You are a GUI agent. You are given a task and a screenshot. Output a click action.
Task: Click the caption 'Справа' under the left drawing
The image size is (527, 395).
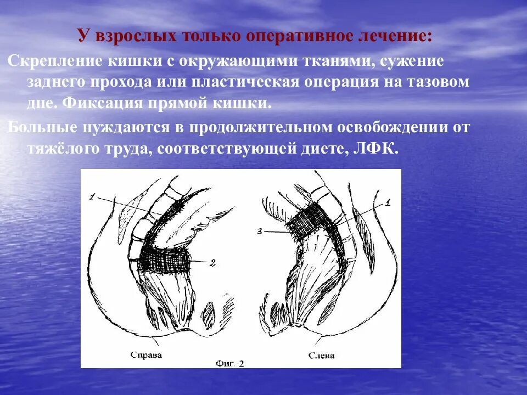pos(147,355)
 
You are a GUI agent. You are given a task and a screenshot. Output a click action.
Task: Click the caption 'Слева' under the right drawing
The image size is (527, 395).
pos(321,355)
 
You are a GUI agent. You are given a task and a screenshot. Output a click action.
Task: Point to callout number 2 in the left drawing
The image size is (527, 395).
pos(213,262)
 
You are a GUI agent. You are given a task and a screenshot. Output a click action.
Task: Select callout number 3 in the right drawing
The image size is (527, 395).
pos(260,231)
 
